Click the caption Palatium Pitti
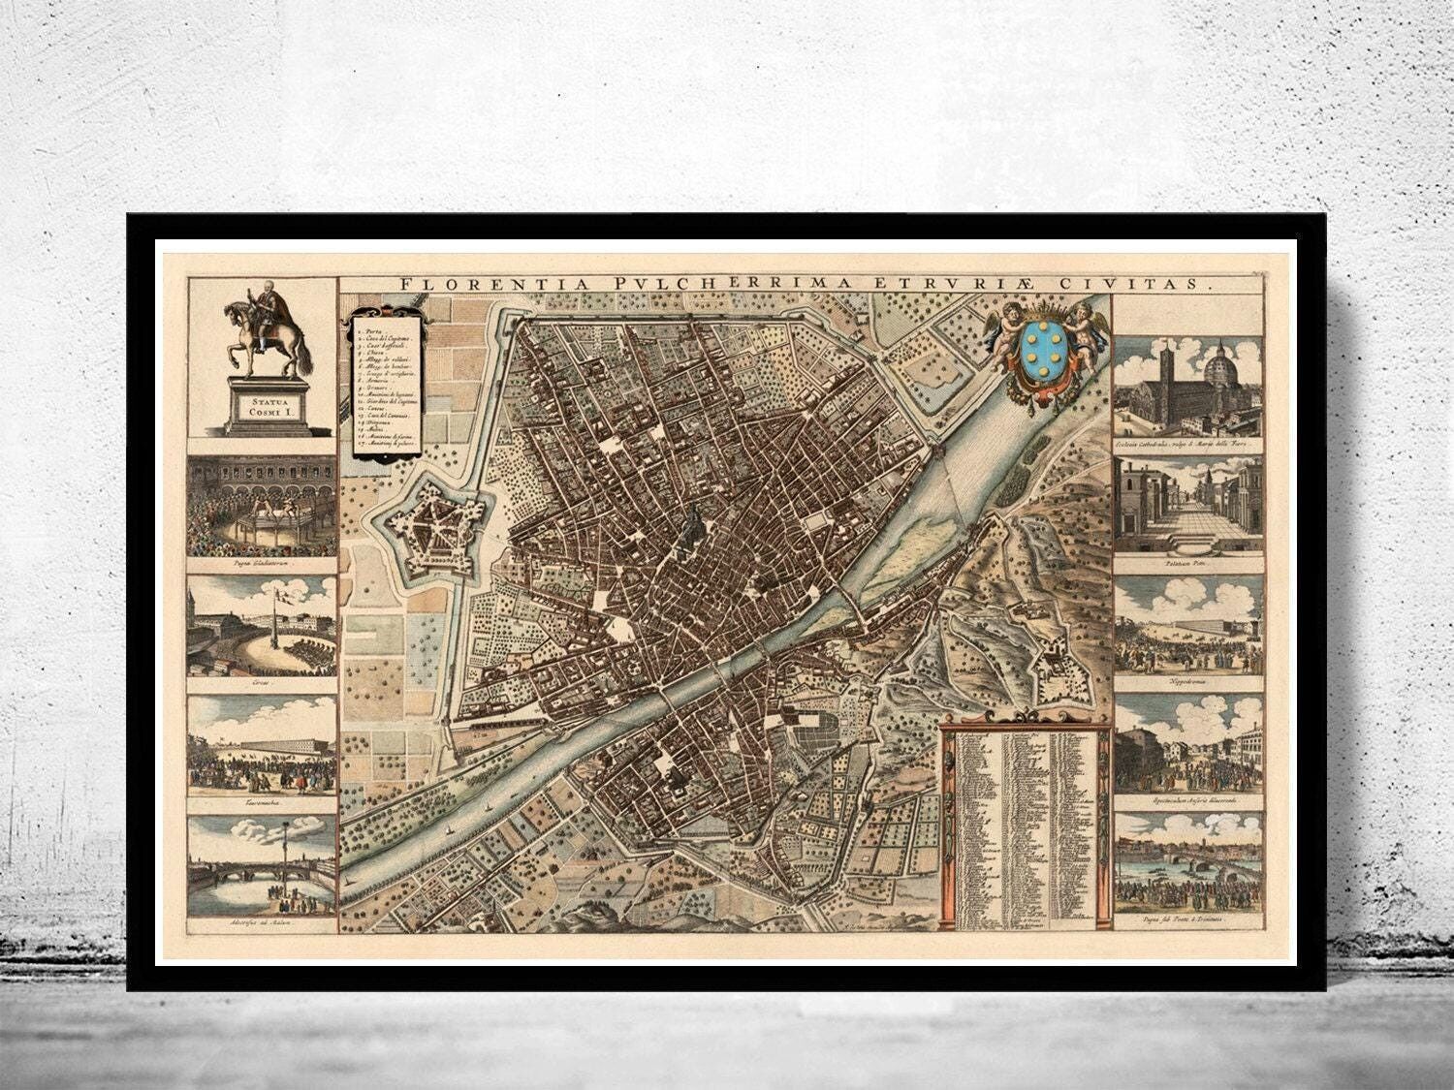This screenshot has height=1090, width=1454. tap(1188, 561)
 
